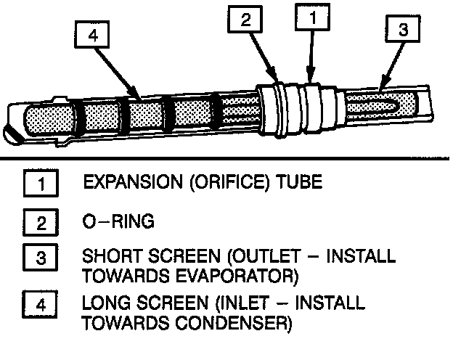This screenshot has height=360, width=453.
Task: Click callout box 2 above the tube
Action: [246, 21]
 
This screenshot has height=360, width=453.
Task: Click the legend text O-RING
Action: [119, 222]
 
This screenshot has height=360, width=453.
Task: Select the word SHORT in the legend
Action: [107, 258]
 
